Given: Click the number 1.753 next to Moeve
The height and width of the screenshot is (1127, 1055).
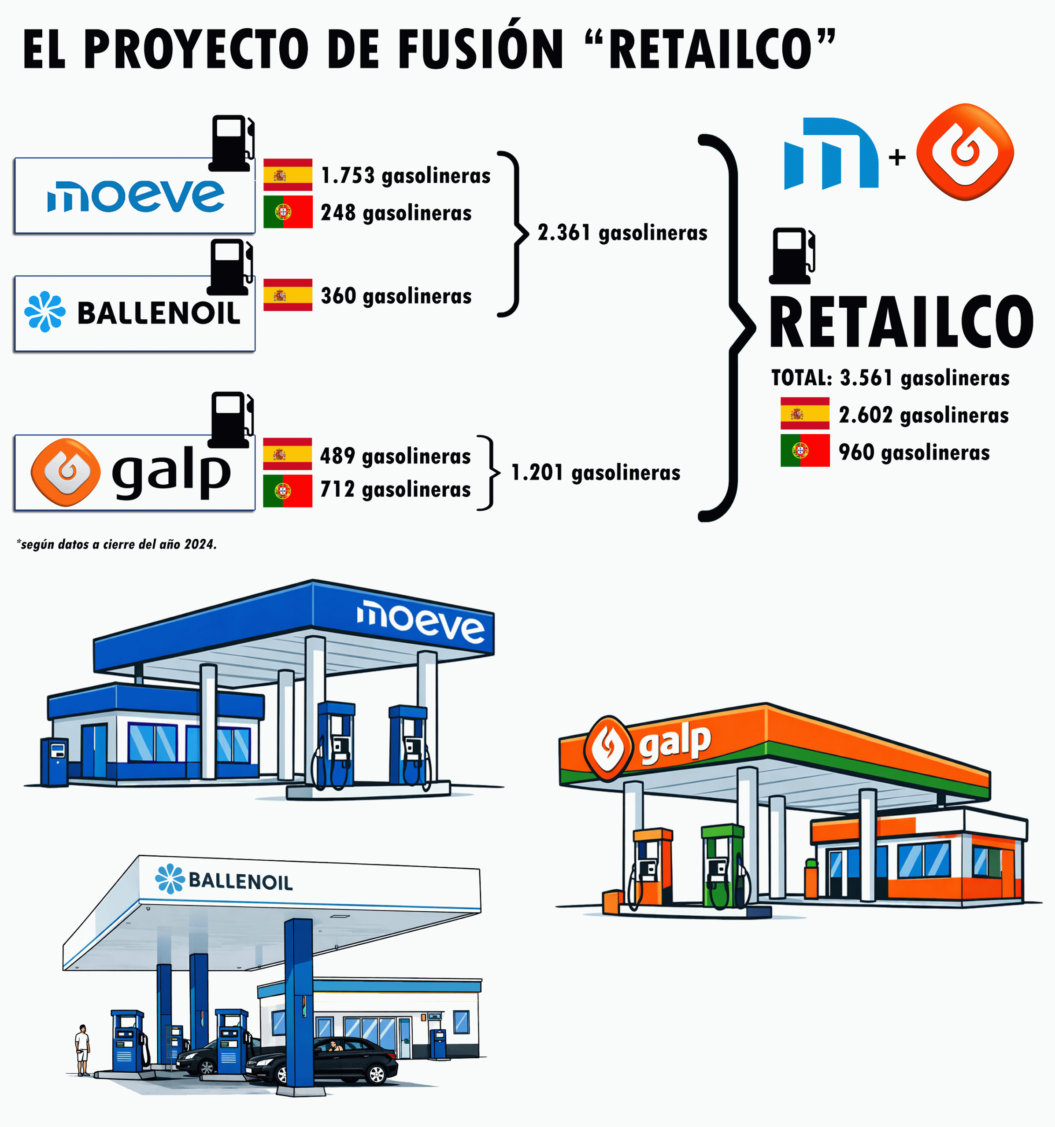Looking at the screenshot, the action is click(348, 176).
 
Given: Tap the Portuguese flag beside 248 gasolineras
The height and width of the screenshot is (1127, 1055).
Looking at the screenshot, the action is click(288, 212).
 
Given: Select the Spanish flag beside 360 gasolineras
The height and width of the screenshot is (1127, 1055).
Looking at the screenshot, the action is click(288, 295).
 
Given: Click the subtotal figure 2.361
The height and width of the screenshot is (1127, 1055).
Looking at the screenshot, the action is click(564, 232).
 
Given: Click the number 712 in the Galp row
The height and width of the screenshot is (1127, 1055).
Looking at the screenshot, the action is click(337, 489).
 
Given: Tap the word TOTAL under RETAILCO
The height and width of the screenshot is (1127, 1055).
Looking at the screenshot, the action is click(801, 378).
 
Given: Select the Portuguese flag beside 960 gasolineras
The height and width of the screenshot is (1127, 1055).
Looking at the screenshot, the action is click(805, 451).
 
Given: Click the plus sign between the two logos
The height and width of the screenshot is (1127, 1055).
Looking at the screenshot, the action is click(897, 157).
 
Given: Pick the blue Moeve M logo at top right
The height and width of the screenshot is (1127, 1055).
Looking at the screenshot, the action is click(831, 153).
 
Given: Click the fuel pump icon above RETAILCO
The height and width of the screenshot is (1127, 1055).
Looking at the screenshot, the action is click(792, 256).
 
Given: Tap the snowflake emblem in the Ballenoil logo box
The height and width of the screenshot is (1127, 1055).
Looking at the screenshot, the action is click(45, 311).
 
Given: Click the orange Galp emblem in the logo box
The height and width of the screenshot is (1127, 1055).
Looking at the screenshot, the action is click(66, 472).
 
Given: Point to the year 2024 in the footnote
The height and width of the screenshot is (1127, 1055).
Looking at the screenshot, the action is click(199, 544).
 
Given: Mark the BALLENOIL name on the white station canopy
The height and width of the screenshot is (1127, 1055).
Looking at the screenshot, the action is click(241, 881).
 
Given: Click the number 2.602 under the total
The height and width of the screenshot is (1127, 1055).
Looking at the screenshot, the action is click(866, 415).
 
